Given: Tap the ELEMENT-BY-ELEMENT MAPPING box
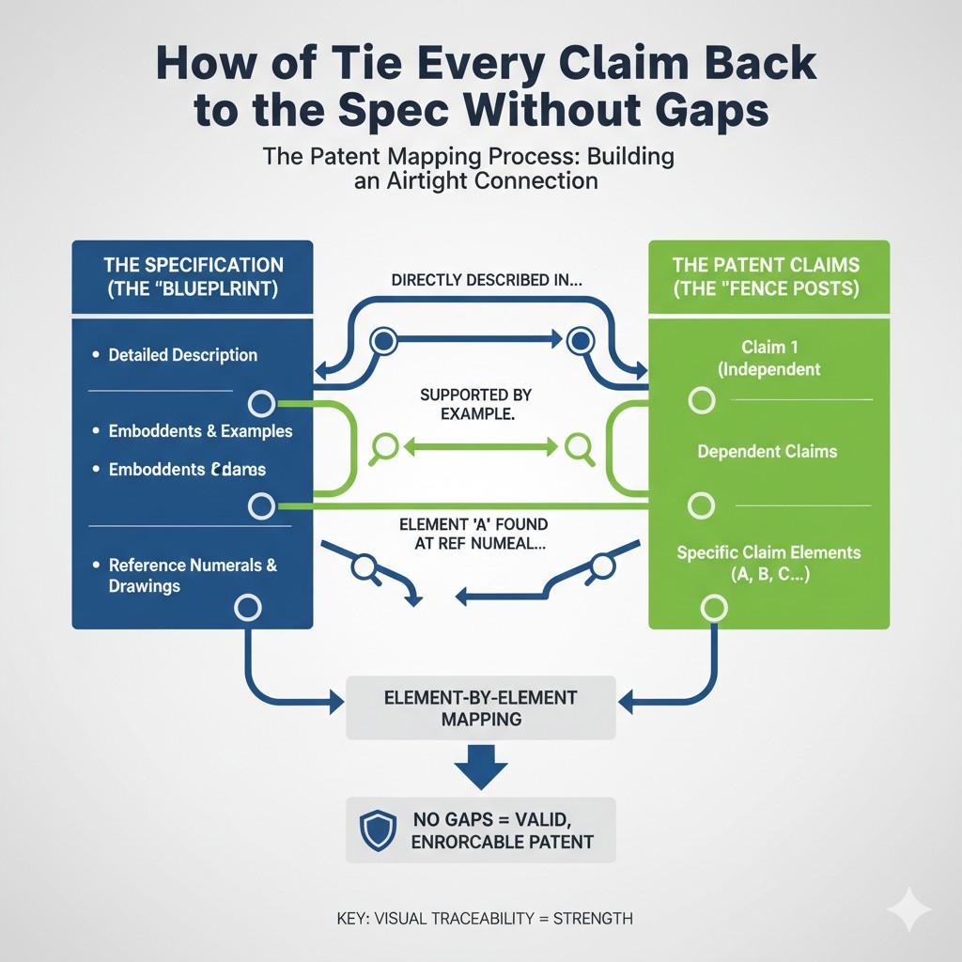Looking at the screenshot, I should point(480,707).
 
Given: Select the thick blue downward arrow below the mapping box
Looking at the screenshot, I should point(480,767).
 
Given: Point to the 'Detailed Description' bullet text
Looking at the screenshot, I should point(182,355).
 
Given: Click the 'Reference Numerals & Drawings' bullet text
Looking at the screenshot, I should point(193,575).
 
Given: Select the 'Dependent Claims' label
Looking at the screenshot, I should point(767,452).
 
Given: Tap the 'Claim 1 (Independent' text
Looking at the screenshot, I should point(768,358).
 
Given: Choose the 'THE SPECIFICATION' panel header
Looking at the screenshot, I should point(193,275).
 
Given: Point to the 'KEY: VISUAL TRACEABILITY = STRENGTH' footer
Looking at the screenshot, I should point(484,918).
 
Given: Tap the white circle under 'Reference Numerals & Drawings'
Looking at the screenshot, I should point(246,607).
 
